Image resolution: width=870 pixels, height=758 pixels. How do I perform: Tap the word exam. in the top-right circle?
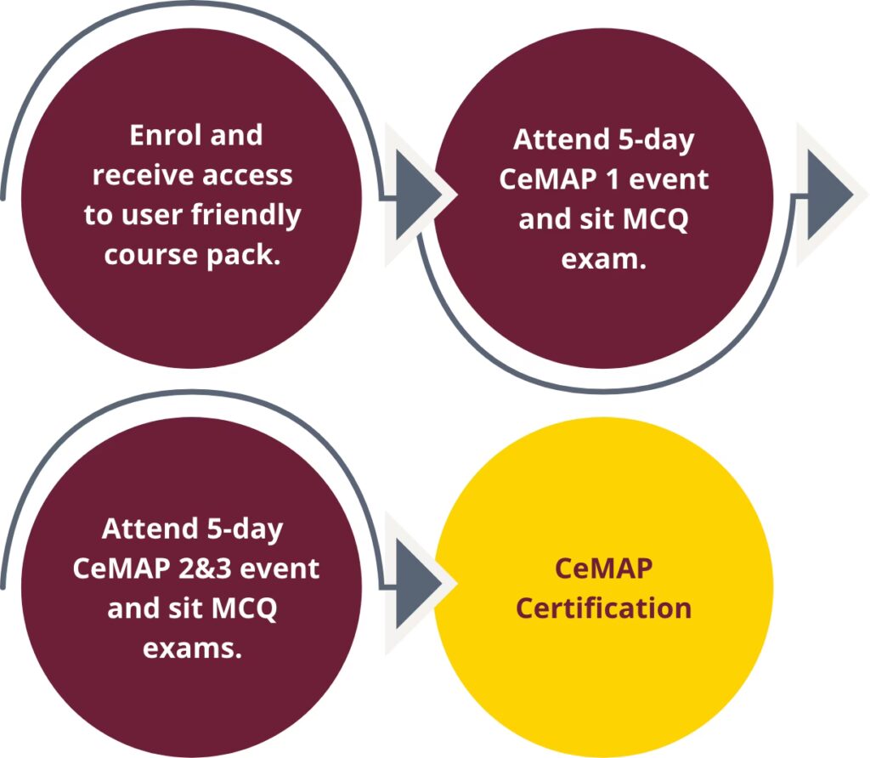point(604,258)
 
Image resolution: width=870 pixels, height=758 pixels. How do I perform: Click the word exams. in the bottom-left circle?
point(192,648)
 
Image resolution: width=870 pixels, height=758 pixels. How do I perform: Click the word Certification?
point(604,608)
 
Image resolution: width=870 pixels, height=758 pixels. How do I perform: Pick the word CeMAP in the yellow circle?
point(604,568)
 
